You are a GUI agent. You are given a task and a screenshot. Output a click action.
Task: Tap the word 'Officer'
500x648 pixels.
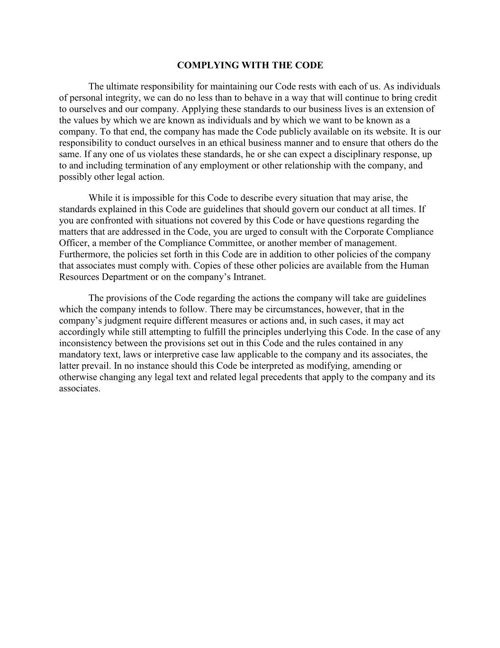coord(73,243)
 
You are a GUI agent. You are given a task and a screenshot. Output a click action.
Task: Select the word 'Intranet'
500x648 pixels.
coord(249,277)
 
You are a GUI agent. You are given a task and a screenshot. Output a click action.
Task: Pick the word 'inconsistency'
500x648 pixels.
coord(85,343)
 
